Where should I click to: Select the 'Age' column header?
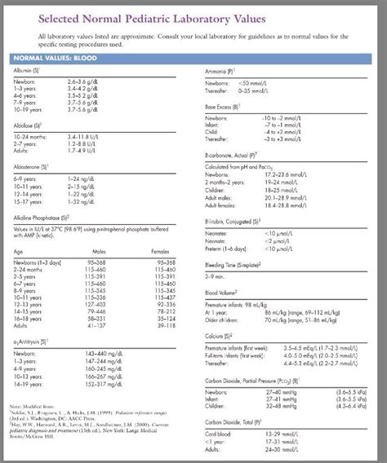click(19, 251)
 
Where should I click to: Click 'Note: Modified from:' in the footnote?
click(32, 404)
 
